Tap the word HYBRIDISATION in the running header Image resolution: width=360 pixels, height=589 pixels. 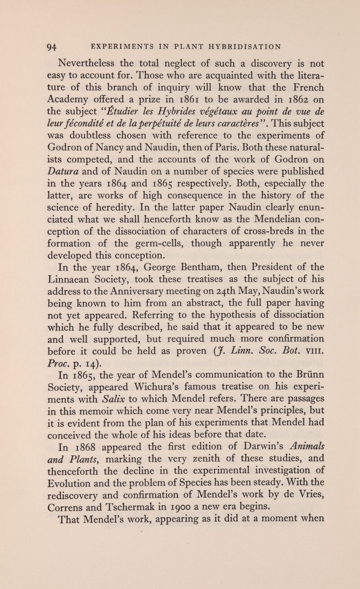tap(243, 45)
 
